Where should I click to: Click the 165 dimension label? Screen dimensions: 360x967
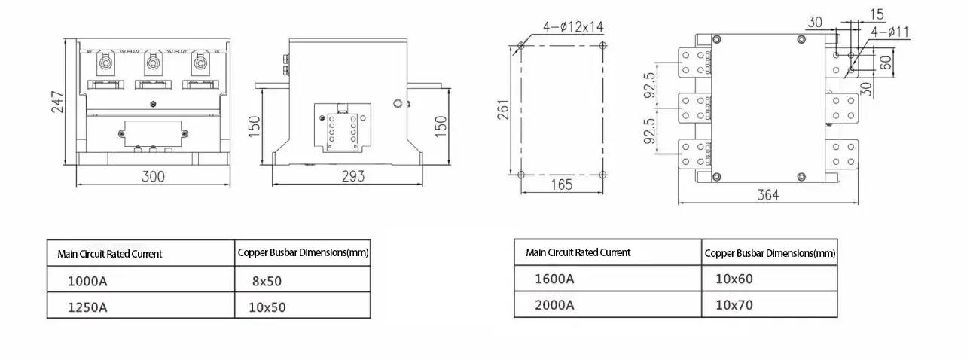[561, 185]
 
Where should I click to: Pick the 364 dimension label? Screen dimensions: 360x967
[767, 195]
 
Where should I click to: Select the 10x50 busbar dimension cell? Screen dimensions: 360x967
[267, 307]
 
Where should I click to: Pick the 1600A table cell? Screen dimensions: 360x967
[554, 279]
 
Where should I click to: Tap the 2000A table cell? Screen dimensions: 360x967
[554, 304]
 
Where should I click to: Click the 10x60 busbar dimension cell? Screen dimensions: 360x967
[734, 279]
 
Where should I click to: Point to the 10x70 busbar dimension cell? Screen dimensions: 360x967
[734, 305]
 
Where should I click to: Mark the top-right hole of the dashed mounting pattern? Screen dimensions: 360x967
[602, 46]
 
